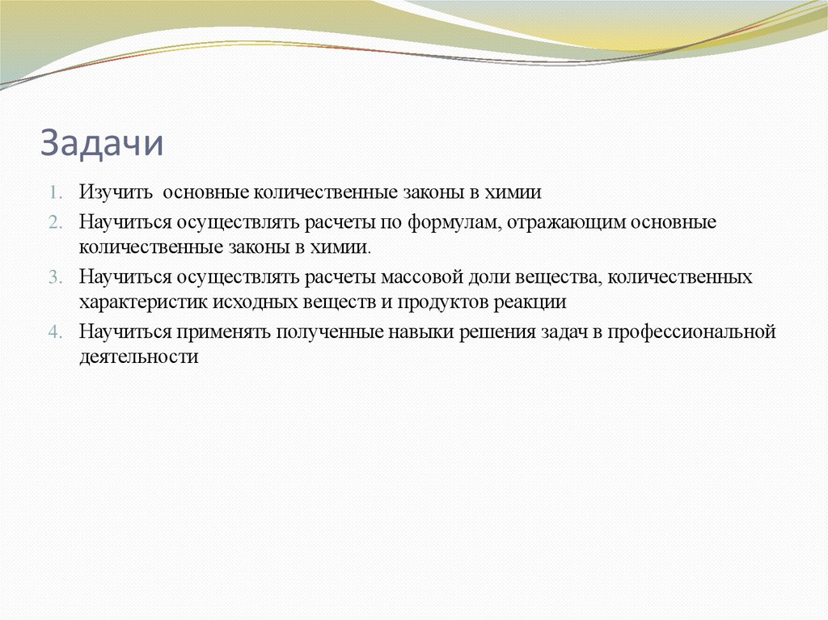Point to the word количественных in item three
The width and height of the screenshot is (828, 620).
[680, 278]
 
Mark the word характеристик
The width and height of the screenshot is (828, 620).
[144, 302]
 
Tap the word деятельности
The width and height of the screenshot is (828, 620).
[138, 356]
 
